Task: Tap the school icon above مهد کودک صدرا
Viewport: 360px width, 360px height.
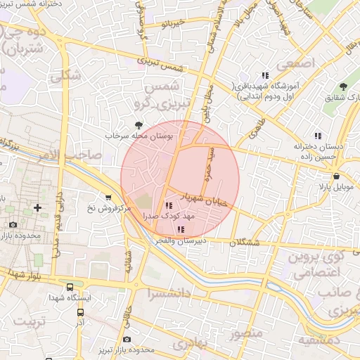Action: (168, 205)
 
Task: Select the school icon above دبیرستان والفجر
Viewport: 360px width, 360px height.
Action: (181, 230)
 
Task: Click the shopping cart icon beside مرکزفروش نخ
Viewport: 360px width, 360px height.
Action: (108, 198)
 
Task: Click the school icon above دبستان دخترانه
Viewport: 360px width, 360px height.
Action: (318, 136)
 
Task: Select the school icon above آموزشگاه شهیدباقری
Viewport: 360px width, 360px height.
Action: (265, 75)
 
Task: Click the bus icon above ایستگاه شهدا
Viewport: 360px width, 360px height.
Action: (69, 287)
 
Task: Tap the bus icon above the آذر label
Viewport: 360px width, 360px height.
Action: (80, 311)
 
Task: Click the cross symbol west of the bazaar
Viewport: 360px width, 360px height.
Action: (37, 208)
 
